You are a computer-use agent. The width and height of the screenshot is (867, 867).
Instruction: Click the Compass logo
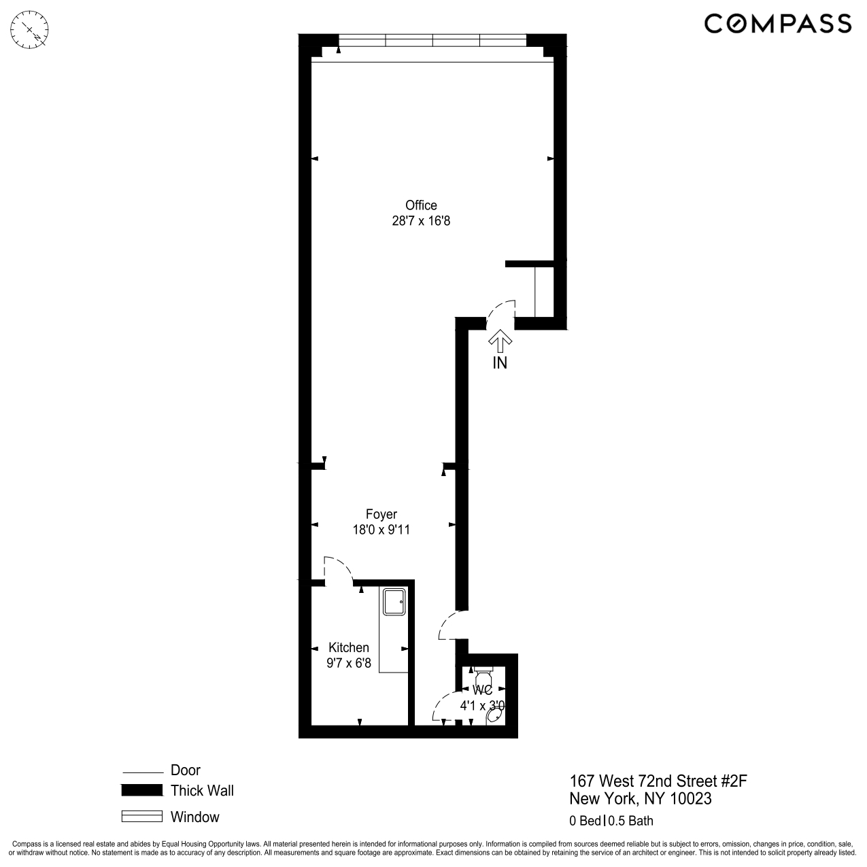(x=777, y=24)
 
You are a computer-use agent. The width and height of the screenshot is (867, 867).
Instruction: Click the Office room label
(x=421, y=205)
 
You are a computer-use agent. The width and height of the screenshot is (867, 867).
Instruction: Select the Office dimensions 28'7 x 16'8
(x=421, y=221)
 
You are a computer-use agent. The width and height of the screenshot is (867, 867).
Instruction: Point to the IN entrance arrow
(x=500, y=339)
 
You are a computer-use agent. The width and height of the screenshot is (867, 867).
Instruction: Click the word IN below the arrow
(x=500, y=363)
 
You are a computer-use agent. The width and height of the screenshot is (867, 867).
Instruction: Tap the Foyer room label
(x=381, y=514)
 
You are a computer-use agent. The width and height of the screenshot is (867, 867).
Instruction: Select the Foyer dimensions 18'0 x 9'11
(x=381, y=530)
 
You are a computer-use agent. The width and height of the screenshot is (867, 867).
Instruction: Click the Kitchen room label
(x=349, y=647)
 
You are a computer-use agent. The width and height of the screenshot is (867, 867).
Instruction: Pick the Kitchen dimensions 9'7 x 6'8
(x=349, y=663)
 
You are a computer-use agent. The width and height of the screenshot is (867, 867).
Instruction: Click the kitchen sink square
(x=394, y=601)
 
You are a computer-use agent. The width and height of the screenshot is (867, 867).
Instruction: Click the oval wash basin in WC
(x=496, y=716)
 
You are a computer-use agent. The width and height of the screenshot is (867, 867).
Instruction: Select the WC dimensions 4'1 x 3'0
(x=482, y=706)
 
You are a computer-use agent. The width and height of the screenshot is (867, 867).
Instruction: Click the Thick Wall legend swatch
(x=141, y=790)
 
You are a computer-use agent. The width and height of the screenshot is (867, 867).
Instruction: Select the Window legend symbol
(x=141, y=817)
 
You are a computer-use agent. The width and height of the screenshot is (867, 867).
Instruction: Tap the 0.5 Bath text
(x=631, y=821)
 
